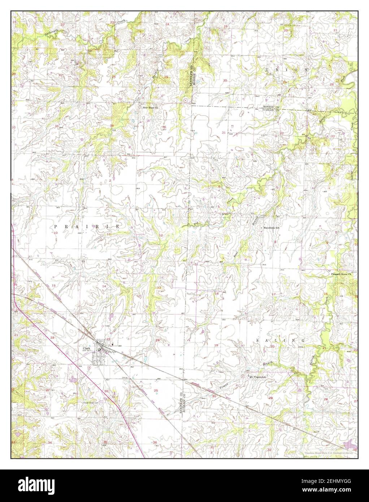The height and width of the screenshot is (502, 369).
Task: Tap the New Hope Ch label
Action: [150, 108]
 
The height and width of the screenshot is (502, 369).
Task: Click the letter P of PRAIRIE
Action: [56, 226]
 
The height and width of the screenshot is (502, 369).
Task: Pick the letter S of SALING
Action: [257, 341]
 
